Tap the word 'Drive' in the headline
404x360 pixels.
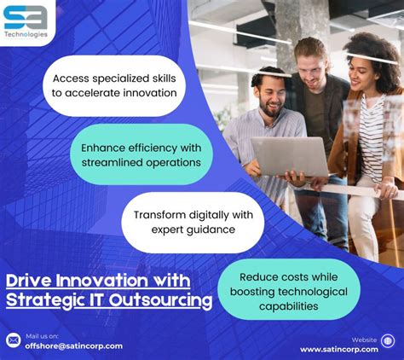click(27, 281)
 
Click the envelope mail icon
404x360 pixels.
click(13, 340)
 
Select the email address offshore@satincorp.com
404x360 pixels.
click(73, 345)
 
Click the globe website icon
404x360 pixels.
click(389, 340)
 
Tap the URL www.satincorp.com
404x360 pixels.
click(338, 348)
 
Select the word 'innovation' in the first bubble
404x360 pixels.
click(148, 92)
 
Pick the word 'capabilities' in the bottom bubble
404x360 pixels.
click(287, 305)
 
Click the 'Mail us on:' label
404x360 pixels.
click(42, 335)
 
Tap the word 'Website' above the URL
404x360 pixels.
click(364, 339)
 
